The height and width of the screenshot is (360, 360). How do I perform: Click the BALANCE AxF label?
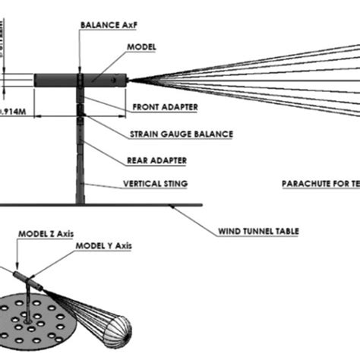109,24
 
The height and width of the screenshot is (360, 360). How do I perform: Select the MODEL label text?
144,47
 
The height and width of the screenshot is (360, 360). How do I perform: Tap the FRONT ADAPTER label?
165,107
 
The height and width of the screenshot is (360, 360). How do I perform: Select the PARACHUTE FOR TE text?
319,184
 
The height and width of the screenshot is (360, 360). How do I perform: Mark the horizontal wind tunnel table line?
114,205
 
